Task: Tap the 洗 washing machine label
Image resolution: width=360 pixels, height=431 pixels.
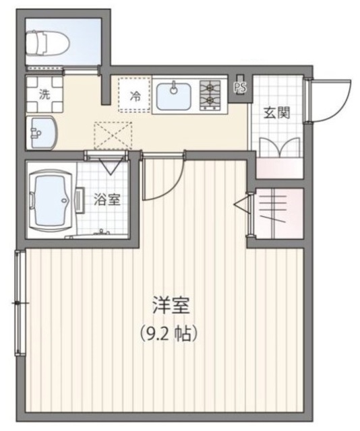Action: (44, 94)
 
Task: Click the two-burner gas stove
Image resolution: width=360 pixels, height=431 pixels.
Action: (211, 95)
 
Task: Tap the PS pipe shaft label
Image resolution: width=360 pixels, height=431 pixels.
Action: (241, 87)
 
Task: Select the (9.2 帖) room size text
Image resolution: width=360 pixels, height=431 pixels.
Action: (173, 331)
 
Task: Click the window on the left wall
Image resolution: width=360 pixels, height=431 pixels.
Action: (20, 303)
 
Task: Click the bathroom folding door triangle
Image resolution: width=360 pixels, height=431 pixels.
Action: (108, 165)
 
